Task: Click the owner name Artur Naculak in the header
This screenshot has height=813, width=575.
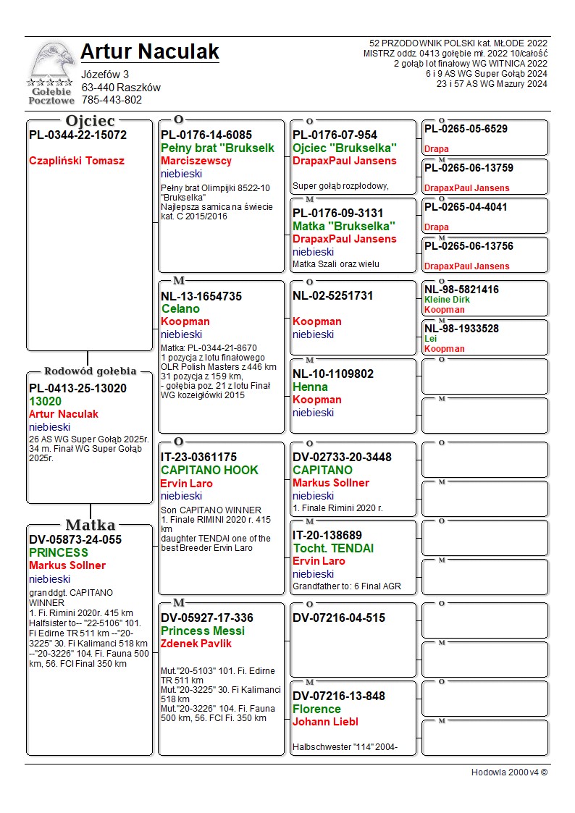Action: coord(149,51)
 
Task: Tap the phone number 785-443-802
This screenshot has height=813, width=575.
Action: coord(112,100)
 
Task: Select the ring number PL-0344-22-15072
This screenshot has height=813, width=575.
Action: coord(77,135)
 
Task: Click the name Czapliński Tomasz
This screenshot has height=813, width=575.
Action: coord(77,161)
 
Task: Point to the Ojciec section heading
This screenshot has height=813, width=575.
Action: coord(90,120)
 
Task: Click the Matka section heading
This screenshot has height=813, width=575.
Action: coord(90,525)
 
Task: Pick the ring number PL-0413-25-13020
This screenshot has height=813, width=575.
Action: coord(77,388)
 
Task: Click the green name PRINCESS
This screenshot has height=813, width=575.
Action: coord(58,552)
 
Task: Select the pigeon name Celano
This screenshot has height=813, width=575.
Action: coord(180,308)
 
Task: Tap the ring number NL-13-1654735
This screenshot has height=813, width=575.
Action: coord(201,296)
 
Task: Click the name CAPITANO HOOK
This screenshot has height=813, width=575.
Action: coord(209,470)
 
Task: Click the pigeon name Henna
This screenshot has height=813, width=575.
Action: coord(310,387)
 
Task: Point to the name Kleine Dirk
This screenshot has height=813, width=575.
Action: coord(447,300)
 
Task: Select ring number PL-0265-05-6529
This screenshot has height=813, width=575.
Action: coord(466,129)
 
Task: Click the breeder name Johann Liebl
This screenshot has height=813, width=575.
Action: coord(325,722)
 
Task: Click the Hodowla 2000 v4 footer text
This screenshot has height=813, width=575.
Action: coord(509,772)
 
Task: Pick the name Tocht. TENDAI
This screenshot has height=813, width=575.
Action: coord(333,548)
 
